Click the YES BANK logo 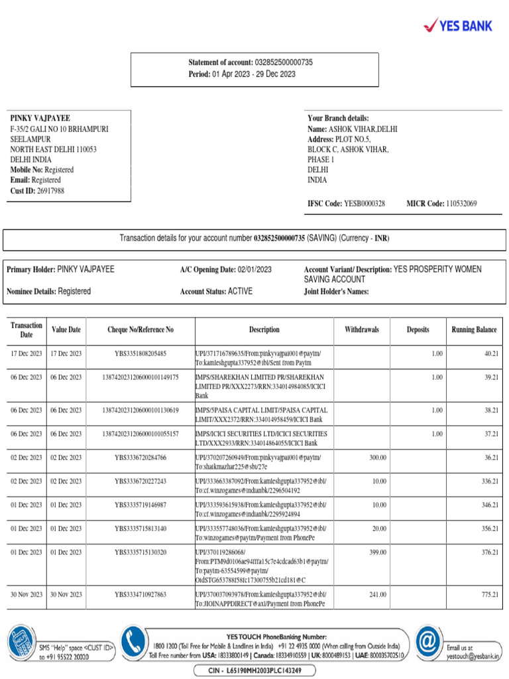click(458, 26)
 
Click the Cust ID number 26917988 click(50, 191)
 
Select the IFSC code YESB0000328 click(365, 204)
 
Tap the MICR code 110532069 click(461, 204)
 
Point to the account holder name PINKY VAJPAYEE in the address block click(40, 117)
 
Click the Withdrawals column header click(362, 330)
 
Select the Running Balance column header click(474, 330)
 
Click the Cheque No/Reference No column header click(141, 330)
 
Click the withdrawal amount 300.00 click(376, 458)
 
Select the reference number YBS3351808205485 click(141, 354)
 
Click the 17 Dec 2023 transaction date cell click(27, 354)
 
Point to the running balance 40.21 click(490, 354)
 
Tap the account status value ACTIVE click(240, 291)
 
